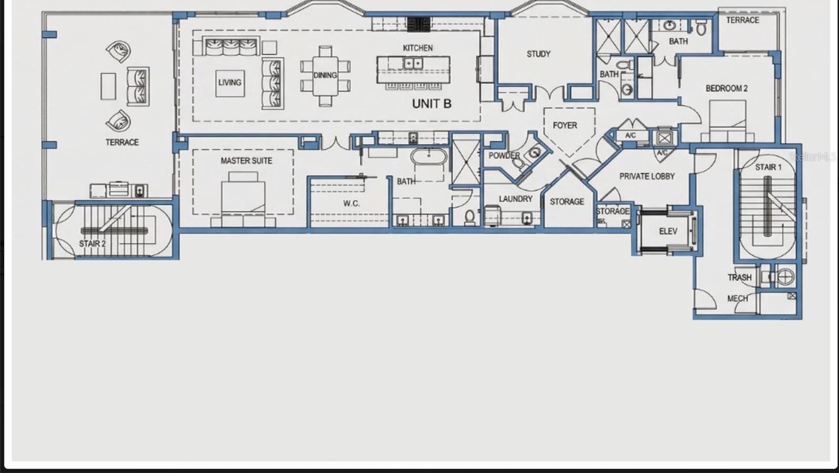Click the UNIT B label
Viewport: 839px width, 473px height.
tap(431, 104)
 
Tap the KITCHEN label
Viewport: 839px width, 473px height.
tap(418, 48)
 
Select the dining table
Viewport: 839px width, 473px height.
tap(325, 75)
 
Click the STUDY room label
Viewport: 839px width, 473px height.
tap(538, 54)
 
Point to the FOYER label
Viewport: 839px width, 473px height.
tap(565, 126)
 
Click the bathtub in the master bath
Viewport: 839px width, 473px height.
tap(429, 157)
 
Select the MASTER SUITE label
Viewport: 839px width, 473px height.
tap(246, 161)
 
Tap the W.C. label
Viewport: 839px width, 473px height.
tap(351, 204)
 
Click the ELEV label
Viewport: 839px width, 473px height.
tap(668, 231)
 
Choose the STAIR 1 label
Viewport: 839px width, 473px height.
tap(768, 167)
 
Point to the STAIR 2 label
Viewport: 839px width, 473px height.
tap(92, 244)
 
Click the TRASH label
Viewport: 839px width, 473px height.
tap(739, 277)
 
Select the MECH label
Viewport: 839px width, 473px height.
tap(738, 298)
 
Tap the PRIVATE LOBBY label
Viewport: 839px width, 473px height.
tap(647, 177)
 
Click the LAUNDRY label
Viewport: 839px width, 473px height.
tap(515, 199)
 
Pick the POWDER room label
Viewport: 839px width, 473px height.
tap(504, 156)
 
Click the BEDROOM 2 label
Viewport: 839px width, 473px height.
tap(727, 89)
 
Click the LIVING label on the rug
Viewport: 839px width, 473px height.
tap(229, 82)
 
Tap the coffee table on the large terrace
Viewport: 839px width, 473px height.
tap(108, 86)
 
